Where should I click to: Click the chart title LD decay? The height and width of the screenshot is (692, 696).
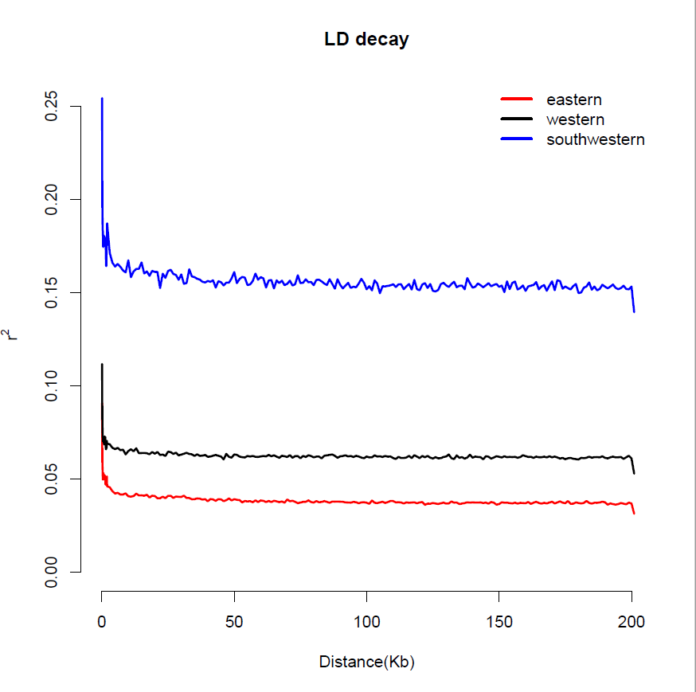(x=366, y=39)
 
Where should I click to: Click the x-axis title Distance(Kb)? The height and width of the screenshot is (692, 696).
(x=366, y=662)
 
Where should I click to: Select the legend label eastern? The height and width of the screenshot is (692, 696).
(x=573, y=100)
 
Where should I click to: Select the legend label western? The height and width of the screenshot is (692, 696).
(x=575, y=119)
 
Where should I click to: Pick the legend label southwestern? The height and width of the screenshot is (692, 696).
(x=595, y=139)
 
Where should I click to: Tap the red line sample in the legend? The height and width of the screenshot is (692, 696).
(x=515, y=100)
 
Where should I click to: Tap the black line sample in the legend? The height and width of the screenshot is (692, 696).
(x=515, y=119)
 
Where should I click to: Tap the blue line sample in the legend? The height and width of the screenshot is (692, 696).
(x=515, y=139)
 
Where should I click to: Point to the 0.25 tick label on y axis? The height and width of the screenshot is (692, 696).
(x=53, y=106)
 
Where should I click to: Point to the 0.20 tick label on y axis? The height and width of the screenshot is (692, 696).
(x=53, y=199)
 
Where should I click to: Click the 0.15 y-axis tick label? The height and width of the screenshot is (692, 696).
(x=53, y=292)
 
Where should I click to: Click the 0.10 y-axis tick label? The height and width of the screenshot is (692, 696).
(x=53, y=385)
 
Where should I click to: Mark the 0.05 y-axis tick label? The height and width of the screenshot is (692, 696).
(x=53, y=479)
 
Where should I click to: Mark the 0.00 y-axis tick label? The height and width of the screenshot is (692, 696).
(x=53, y=572)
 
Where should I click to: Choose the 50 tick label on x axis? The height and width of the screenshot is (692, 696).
(x=234, y=622)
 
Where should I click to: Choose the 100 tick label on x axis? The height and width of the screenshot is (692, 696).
(x=366, y=622)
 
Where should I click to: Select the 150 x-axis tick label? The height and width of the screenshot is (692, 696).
(x=499, y=622)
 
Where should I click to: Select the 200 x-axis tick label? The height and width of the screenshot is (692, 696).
(x=631, y=622)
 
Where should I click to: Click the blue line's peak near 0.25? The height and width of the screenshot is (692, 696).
(x=102, y=100)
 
